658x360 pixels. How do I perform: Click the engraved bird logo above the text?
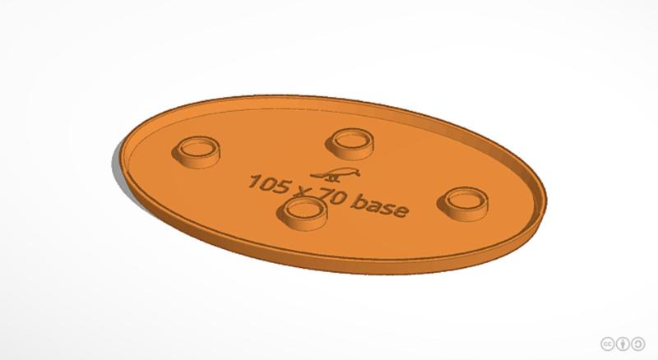338,173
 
